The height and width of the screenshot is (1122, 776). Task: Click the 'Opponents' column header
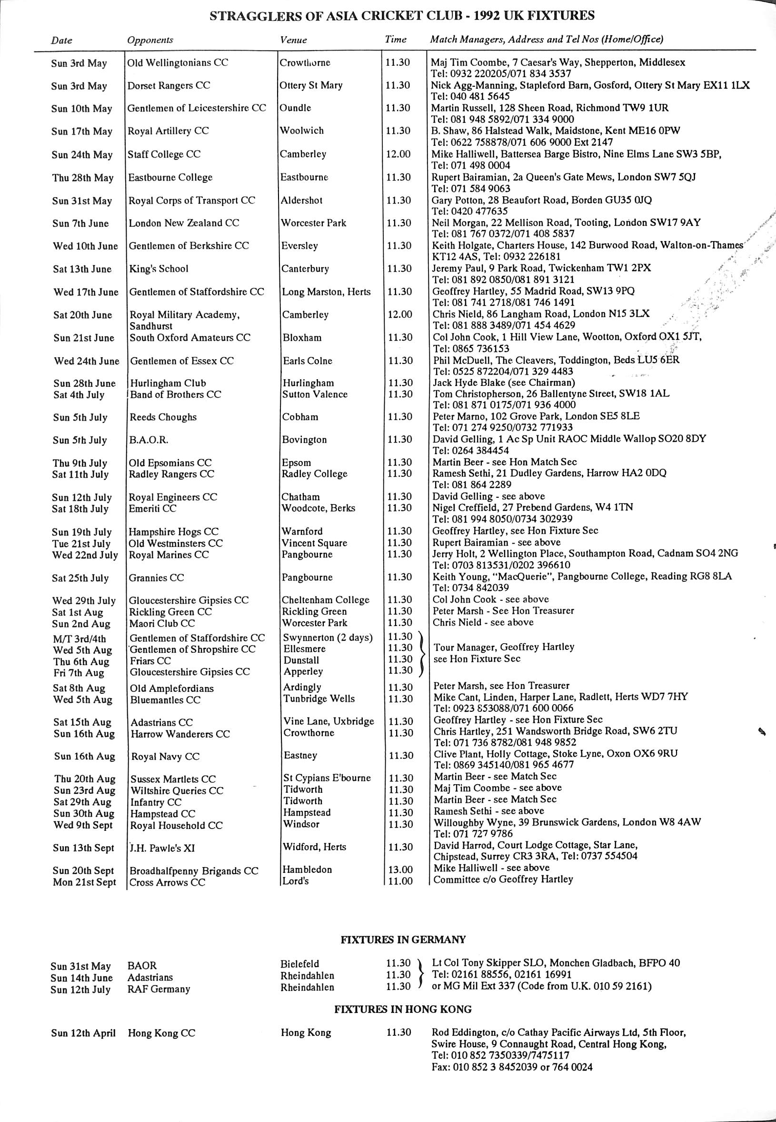pyautogui.click(x=150, y=40)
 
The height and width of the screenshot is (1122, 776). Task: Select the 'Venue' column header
pyautogui.click(x=293, y=40)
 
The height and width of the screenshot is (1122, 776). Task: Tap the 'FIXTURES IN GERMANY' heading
pyautogui.click(x=403, y=940)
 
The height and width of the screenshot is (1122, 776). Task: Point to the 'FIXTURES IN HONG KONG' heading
pyautogui.click(x=403, y=1009)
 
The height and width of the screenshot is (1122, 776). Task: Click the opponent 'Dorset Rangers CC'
pyautogui.click(x=169, y=86)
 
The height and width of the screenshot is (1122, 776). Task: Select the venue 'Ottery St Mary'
pyautogui.click(x=311, y=85)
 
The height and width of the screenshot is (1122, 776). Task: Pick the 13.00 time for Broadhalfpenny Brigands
pyautogui.click(x=400, y=869)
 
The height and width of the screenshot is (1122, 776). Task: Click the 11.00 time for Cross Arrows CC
pyautogui.click(x=400, y=881)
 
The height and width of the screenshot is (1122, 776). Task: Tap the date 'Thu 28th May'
pyautogui.click(x=83, y=178)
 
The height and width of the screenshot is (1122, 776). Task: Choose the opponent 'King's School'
pyautogui.click(x=159, y=269)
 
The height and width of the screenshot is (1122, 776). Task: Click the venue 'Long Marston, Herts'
pyautogui.click(x=326, y=292)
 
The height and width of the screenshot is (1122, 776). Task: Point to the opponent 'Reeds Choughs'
pyautogui.click(x=163, y=417)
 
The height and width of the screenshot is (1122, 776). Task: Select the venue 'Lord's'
pyautogui.click(x=296, y=880)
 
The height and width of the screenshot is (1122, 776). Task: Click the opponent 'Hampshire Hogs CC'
pyautogui.click(x=174, y=531)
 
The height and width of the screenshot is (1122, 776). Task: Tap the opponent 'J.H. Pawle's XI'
pyautogui.click(x=162, y=848)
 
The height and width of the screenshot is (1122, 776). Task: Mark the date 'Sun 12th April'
pyautogui.click(x=83, y=1032)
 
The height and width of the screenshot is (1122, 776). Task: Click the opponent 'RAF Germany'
pyautogui.click(x=159, y=989)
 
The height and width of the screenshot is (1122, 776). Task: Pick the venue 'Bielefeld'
pyautogui.click(x=300, y=963)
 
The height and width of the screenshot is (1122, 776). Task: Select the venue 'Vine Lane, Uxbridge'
pyautogui.click(x=328, y=721)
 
